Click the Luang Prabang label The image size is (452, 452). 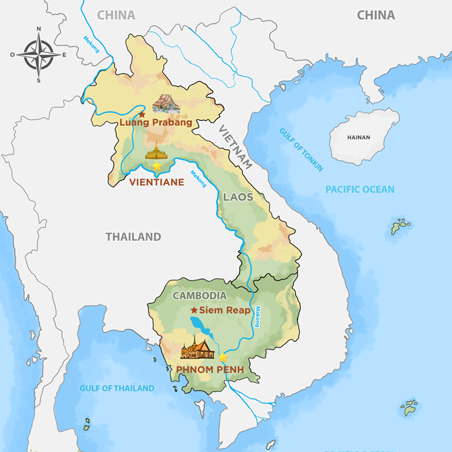(x=156, y=122)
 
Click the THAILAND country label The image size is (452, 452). (x=133, y=237)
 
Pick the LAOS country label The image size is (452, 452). (x=238, y=196)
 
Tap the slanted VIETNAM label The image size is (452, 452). (x=236, y=147)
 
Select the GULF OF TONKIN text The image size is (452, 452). (x=301, y=149)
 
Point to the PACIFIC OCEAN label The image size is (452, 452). (x=359, y=189)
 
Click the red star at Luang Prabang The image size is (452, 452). (x=142, y=114)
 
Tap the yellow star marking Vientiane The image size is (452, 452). (x=157, y=166)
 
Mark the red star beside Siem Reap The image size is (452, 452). (x=194, y=310)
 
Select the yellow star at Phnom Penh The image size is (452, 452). (x=222, y=357)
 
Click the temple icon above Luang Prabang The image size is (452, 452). (x=166, y=104)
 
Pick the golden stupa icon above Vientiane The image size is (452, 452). (x=156, y=151)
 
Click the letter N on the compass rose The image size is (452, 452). (x=38, y=29)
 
